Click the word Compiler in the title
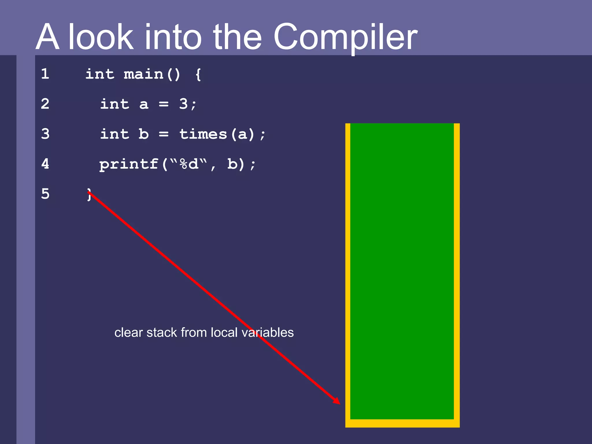(345, 37)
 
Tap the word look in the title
(101, 37)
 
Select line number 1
(45, 73)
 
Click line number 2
(45, 103)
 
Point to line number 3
(45, 134)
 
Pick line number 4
(45, 164)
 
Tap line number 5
(45, 194)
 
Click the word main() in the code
(152, 74)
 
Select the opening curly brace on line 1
(198, 75)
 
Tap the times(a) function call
(217, 134)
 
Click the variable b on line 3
(144, 134)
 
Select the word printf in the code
(129, 164)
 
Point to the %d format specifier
(189, 164)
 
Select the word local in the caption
(224, 332)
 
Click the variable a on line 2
(144, 104)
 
